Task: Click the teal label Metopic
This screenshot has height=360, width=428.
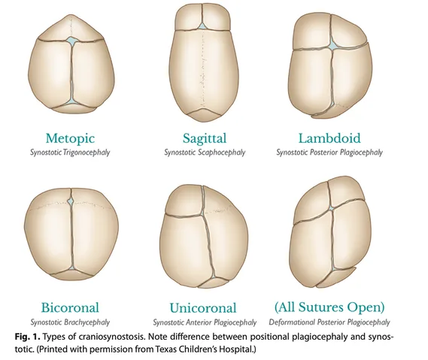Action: (70, 138)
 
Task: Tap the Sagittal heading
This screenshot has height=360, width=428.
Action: (205, 138)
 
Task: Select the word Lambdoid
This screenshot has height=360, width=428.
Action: (329, 138)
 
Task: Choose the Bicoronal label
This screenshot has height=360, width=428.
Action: (70, 307)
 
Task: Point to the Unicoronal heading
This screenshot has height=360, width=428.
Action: (203, 308)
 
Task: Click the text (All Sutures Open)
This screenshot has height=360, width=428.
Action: (329, 307)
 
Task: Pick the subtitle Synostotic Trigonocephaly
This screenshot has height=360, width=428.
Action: (70, 152)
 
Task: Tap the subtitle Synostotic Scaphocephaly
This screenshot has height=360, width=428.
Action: (205, 152)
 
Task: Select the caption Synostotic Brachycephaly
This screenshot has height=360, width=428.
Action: (70, 322)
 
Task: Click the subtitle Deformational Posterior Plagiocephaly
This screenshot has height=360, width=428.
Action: (329, 322)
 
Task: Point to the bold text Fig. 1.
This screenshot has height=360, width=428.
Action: (28, 337)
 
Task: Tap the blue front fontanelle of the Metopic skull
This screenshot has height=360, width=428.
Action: (71, 41)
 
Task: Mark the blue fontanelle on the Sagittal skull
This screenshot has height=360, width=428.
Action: (202, 26)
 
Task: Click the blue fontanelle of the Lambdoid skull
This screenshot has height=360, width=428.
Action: (332, 45)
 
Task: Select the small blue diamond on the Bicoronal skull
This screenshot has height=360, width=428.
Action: (71, 201)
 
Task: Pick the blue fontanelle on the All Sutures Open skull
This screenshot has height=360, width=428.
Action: (332, 208)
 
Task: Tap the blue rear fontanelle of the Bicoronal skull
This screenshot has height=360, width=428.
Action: (72, 270)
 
